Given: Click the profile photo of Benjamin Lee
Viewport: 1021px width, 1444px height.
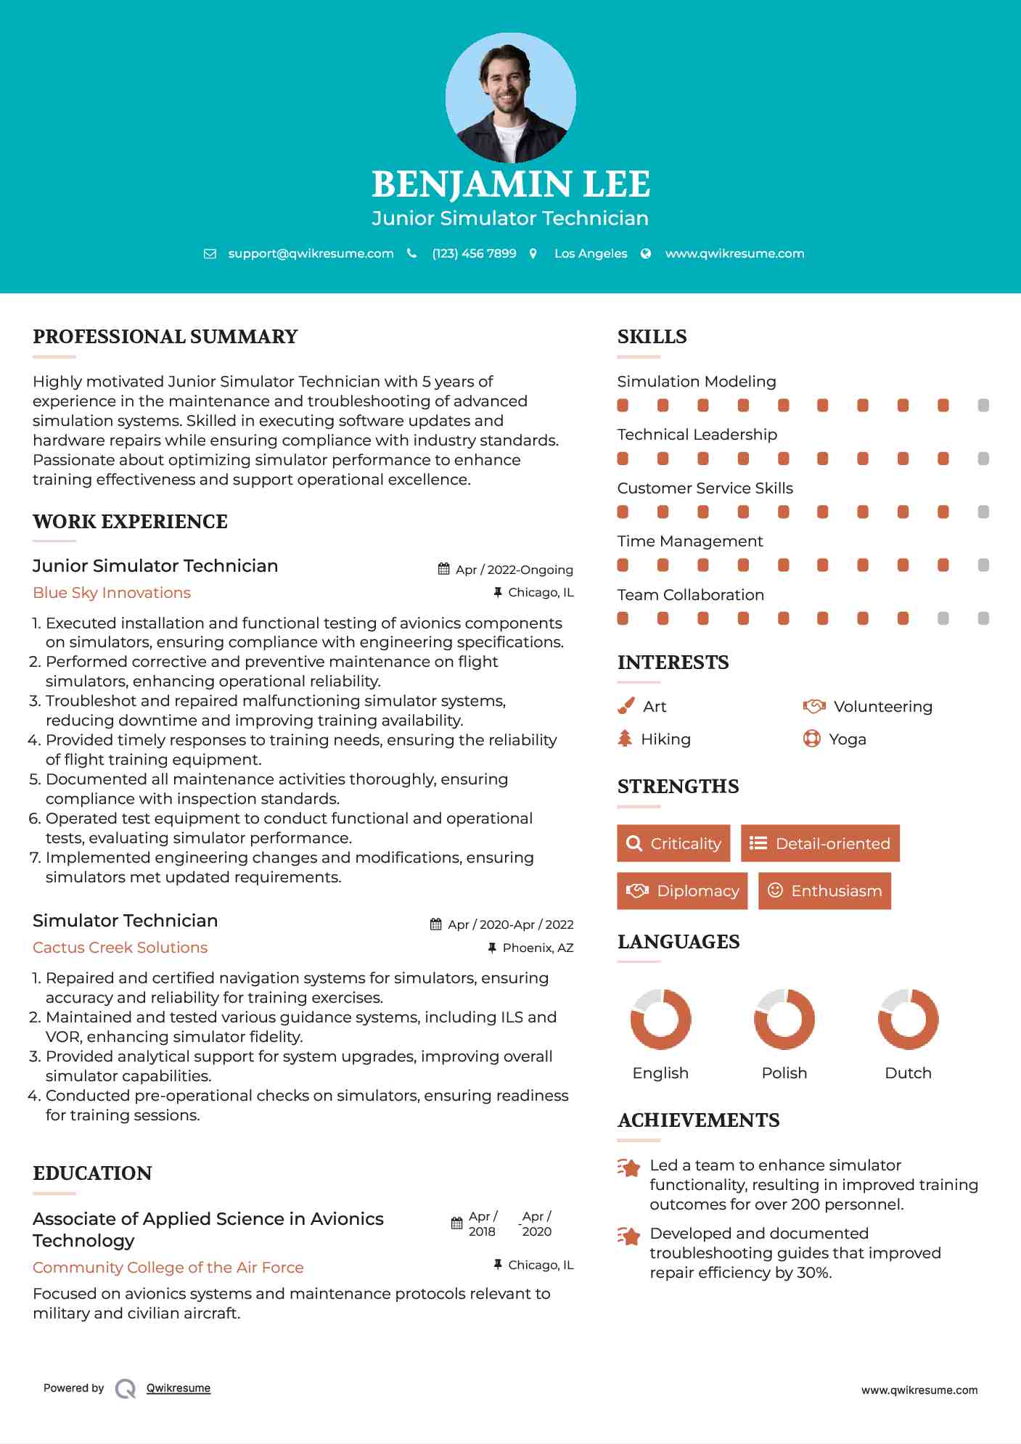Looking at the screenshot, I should (x=510, y=98).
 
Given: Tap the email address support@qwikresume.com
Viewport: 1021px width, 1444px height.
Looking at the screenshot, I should (x=311, y=253).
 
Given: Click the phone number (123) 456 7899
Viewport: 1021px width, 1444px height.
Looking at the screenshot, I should (x=474, y=253).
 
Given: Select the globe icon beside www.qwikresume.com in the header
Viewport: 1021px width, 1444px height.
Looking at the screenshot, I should (x=646, y=253).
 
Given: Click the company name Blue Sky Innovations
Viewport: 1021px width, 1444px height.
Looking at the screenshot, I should (x=112, y=593).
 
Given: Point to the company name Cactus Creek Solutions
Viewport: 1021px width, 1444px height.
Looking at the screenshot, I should (x=120, y=948).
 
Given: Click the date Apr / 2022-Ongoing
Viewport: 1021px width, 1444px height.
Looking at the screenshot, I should (x=514, y=570).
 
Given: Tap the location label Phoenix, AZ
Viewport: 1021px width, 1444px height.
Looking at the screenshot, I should (x=538, y=948).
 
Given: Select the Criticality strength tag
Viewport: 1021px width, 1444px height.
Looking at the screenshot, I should (x=673, y=843).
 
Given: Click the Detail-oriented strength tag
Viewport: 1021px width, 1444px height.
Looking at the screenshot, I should (x=820, y=843).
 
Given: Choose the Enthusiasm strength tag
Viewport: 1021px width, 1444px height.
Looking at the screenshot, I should (x=824, y=891).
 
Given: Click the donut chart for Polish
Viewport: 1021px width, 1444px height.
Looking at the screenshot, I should (x=784, y=1019).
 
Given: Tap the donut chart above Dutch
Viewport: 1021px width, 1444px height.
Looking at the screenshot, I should (x=908, y=1019).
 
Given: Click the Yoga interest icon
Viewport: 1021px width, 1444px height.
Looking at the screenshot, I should (x=812, y=739).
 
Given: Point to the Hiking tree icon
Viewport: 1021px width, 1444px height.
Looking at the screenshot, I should (x=625, y=739).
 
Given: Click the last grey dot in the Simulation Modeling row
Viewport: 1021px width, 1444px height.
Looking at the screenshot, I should (x=983, y=406).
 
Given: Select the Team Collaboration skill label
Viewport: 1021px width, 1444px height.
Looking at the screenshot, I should (x=690, y=595).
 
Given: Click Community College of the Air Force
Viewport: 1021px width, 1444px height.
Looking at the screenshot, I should (x=168, y=1268).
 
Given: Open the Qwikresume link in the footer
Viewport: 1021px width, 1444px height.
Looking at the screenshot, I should (x=179, y=1388).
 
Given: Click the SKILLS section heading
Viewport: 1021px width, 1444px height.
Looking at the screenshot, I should (x=652, y=337).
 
